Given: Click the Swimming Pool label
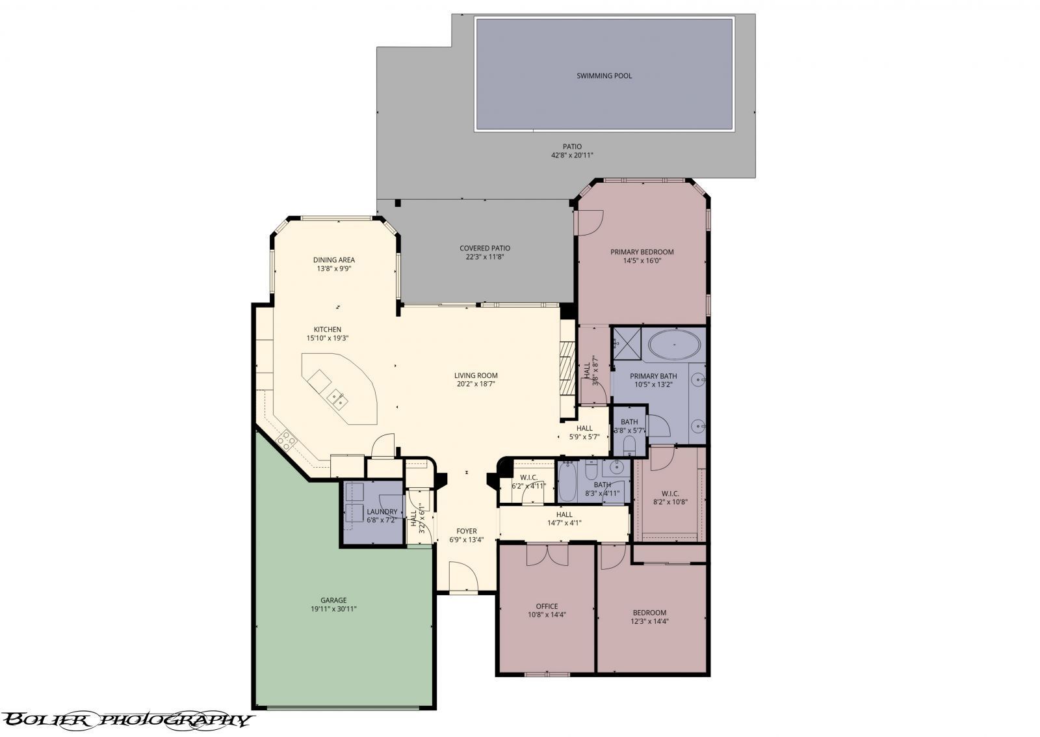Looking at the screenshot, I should click(x=604, y=75).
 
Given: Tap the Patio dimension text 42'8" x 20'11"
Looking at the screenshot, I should click(x=572, y=155).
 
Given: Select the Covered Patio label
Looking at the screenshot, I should click(x=484, y=248).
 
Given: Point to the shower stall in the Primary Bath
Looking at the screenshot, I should click(x=627, y=342).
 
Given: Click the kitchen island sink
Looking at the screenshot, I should click(x=336, y=397).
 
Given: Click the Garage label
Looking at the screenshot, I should click(x=333, y=600).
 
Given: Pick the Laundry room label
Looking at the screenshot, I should click(x=382, y=511).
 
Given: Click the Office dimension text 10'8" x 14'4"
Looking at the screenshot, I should click(x=547, y=615).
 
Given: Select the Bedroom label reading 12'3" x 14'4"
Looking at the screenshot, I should click(x=649, y=613).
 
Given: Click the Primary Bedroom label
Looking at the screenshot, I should click(x=642, y=252).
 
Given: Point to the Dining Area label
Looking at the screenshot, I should click(x=333, y=260).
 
